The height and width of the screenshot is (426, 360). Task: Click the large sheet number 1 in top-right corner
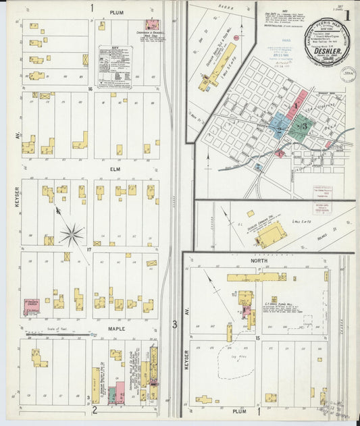[x=347, y=14]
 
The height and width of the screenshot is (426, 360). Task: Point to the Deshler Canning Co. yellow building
[x=271, y=235]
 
